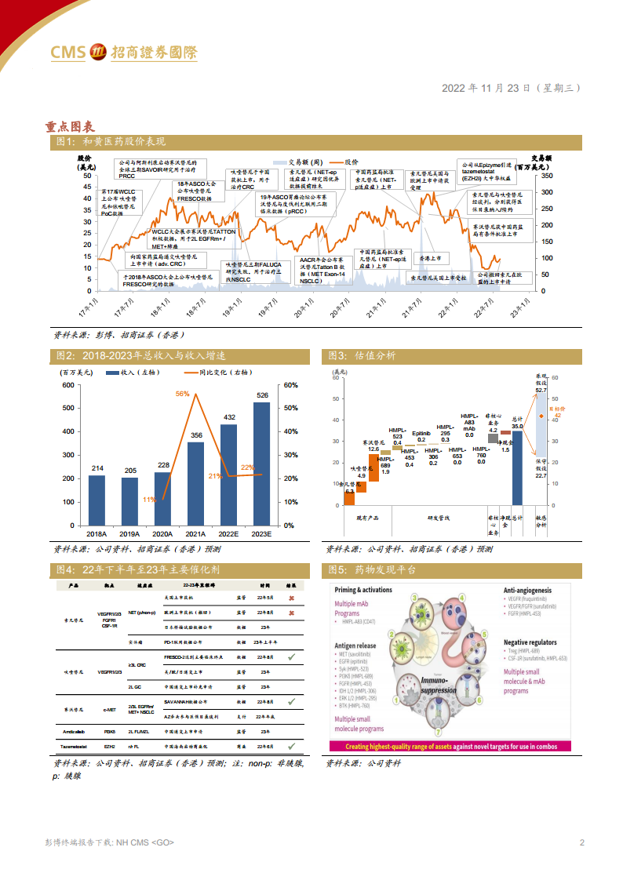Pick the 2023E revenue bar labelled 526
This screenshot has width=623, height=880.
point(261,463)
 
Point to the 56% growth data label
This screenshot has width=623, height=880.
point(182,394)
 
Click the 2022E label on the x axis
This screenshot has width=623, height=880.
point(229,533)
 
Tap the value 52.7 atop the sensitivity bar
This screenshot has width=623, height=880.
point(541,390)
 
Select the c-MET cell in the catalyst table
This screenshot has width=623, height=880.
point(109,708)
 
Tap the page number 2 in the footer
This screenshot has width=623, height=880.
point(581,842)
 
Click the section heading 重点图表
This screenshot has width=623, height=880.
point(71,125)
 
